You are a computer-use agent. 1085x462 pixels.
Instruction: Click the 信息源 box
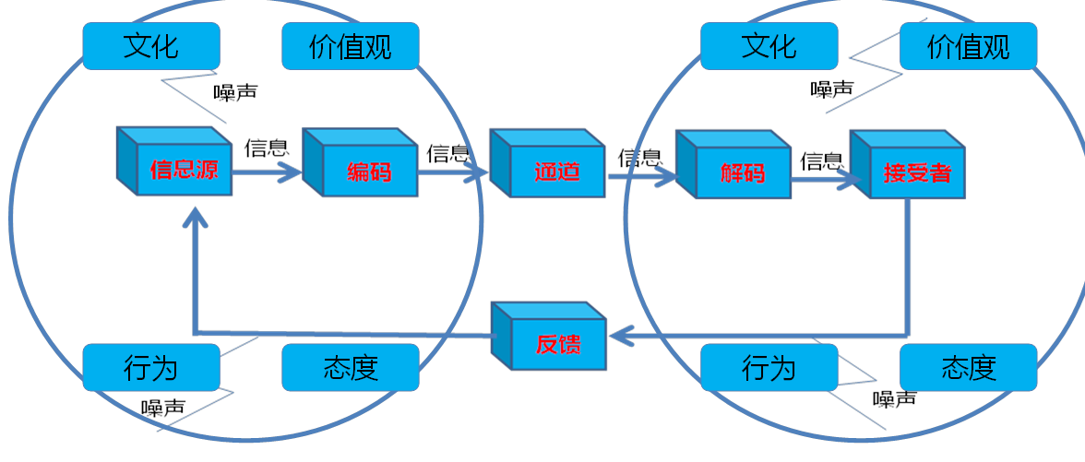[x=183, y=170]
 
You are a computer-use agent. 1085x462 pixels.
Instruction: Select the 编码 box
[x=369, y=171]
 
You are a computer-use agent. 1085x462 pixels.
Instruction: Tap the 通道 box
[x=555, y=171]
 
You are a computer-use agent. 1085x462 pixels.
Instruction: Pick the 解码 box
[x=742, y=172]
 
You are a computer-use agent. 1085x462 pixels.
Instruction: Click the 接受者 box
[x=916, y=172]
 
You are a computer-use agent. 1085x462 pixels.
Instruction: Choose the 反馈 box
[x=557, y=344]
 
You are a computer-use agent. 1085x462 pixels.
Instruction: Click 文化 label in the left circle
[x=151, y=46]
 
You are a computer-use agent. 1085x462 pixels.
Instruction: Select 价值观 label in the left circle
[x=351, y=46]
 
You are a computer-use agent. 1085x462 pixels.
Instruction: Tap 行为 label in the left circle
[x=151, y=367]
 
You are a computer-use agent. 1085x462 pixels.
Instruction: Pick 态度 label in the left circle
[x=351, y=367]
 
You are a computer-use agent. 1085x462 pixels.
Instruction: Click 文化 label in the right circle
[x=769, y=46]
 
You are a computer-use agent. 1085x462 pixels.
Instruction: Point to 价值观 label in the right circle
[x=969, y=46]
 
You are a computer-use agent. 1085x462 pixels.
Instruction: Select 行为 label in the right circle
[x=769, y=367]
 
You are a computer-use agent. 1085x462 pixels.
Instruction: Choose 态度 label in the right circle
[x=969, y=367]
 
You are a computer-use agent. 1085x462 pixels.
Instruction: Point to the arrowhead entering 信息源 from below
[x=195, y=218]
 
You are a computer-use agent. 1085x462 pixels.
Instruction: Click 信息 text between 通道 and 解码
[x=639, y=158]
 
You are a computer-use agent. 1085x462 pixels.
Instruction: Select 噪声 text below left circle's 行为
[x=163, y=408]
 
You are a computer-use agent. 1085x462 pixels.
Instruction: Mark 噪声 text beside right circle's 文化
[x=832, y=89]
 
